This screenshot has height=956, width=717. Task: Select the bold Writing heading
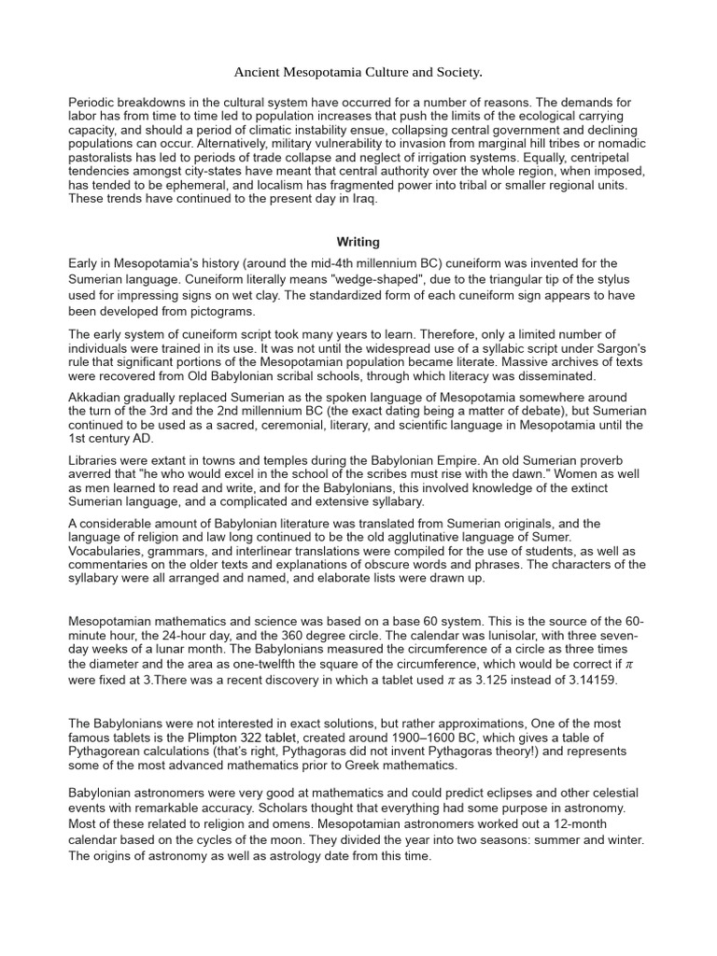[x=358, y=242]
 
